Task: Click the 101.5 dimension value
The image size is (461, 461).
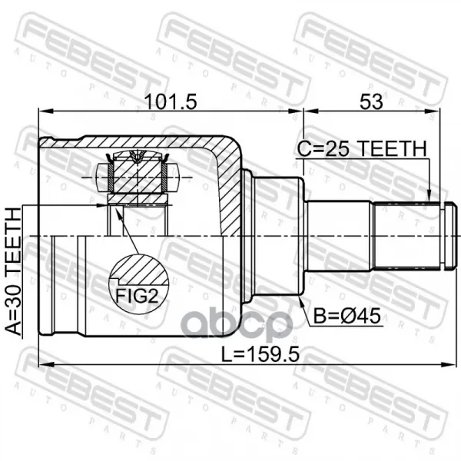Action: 171,102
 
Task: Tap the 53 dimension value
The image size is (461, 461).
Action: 371,102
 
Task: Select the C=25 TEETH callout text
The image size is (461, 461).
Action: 362,149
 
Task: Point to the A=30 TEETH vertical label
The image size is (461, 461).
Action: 14,271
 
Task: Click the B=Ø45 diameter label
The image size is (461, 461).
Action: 347,317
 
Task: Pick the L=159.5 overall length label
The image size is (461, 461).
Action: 260,353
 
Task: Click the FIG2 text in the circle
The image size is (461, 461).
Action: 137,296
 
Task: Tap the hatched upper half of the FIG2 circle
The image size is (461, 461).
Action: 139,270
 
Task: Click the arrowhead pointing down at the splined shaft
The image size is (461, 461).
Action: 429,195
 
